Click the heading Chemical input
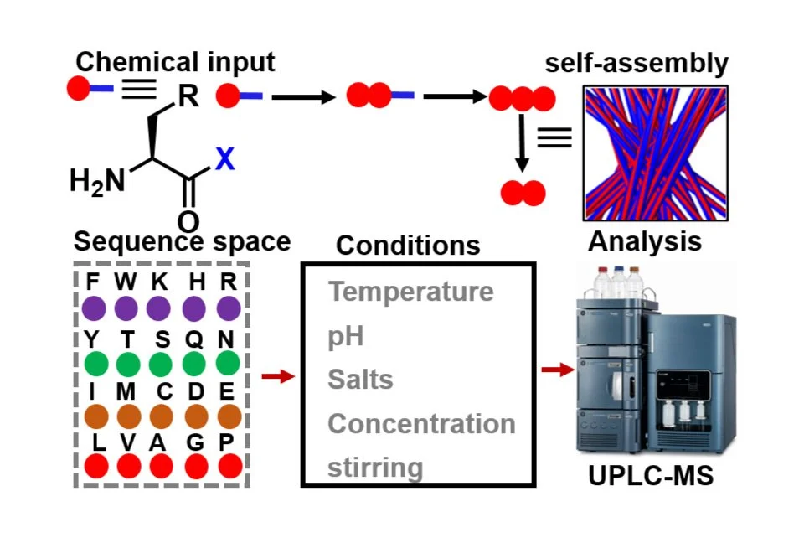175,61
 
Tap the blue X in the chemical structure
224,158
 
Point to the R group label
188,97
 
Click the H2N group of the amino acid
96,180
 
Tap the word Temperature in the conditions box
410,292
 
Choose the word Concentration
421,423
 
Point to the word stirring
375,468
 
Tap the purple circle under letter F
94,308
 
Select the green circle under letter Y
94,365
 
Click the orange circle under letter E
229,416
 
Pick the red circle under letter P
229,468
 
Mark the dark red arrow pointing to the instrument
554,369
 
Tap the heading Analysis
644,241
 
